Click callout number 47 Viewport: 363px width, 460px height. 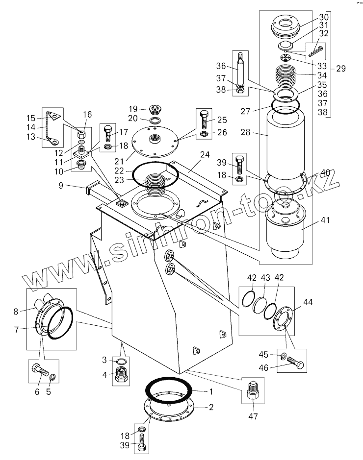click(253, 417)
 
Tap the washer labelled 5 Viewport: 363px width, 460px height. click(52, 377)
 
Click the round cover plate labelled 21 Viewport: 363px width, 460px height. click(156, 140)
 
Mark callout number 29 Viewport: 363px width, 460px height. click(341, 69)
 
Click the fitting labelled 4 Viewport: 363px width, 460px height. click(121, 377)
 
